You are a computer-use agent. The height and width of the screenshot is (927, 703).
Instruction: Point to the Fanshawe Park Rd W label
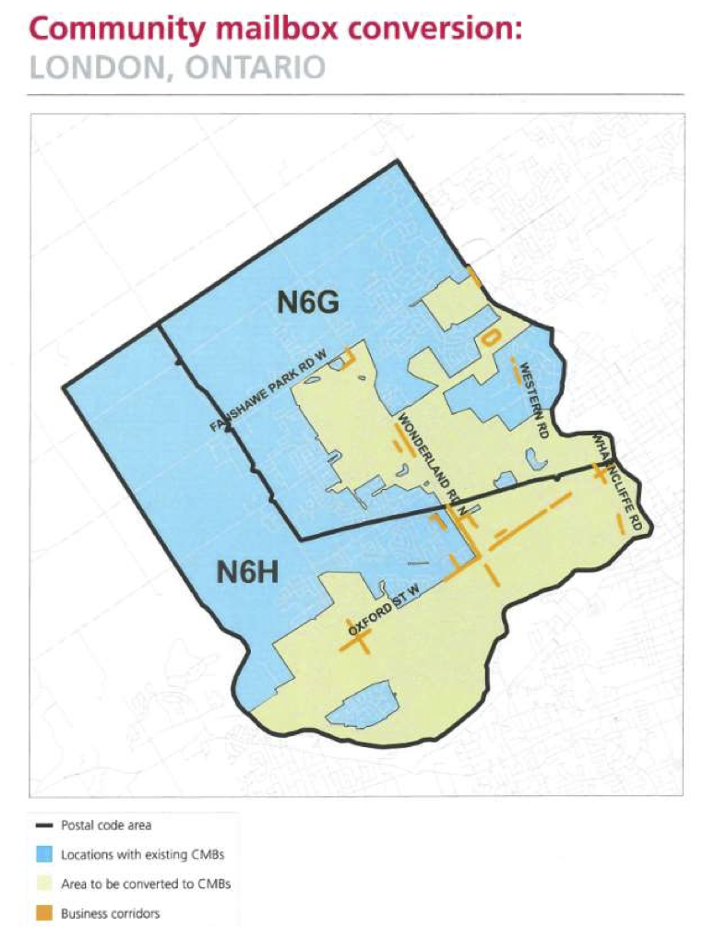coord(269,390)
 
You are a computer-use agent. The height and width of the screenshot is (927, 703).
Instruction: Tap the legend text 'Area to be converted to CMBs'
coord(146,885)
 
